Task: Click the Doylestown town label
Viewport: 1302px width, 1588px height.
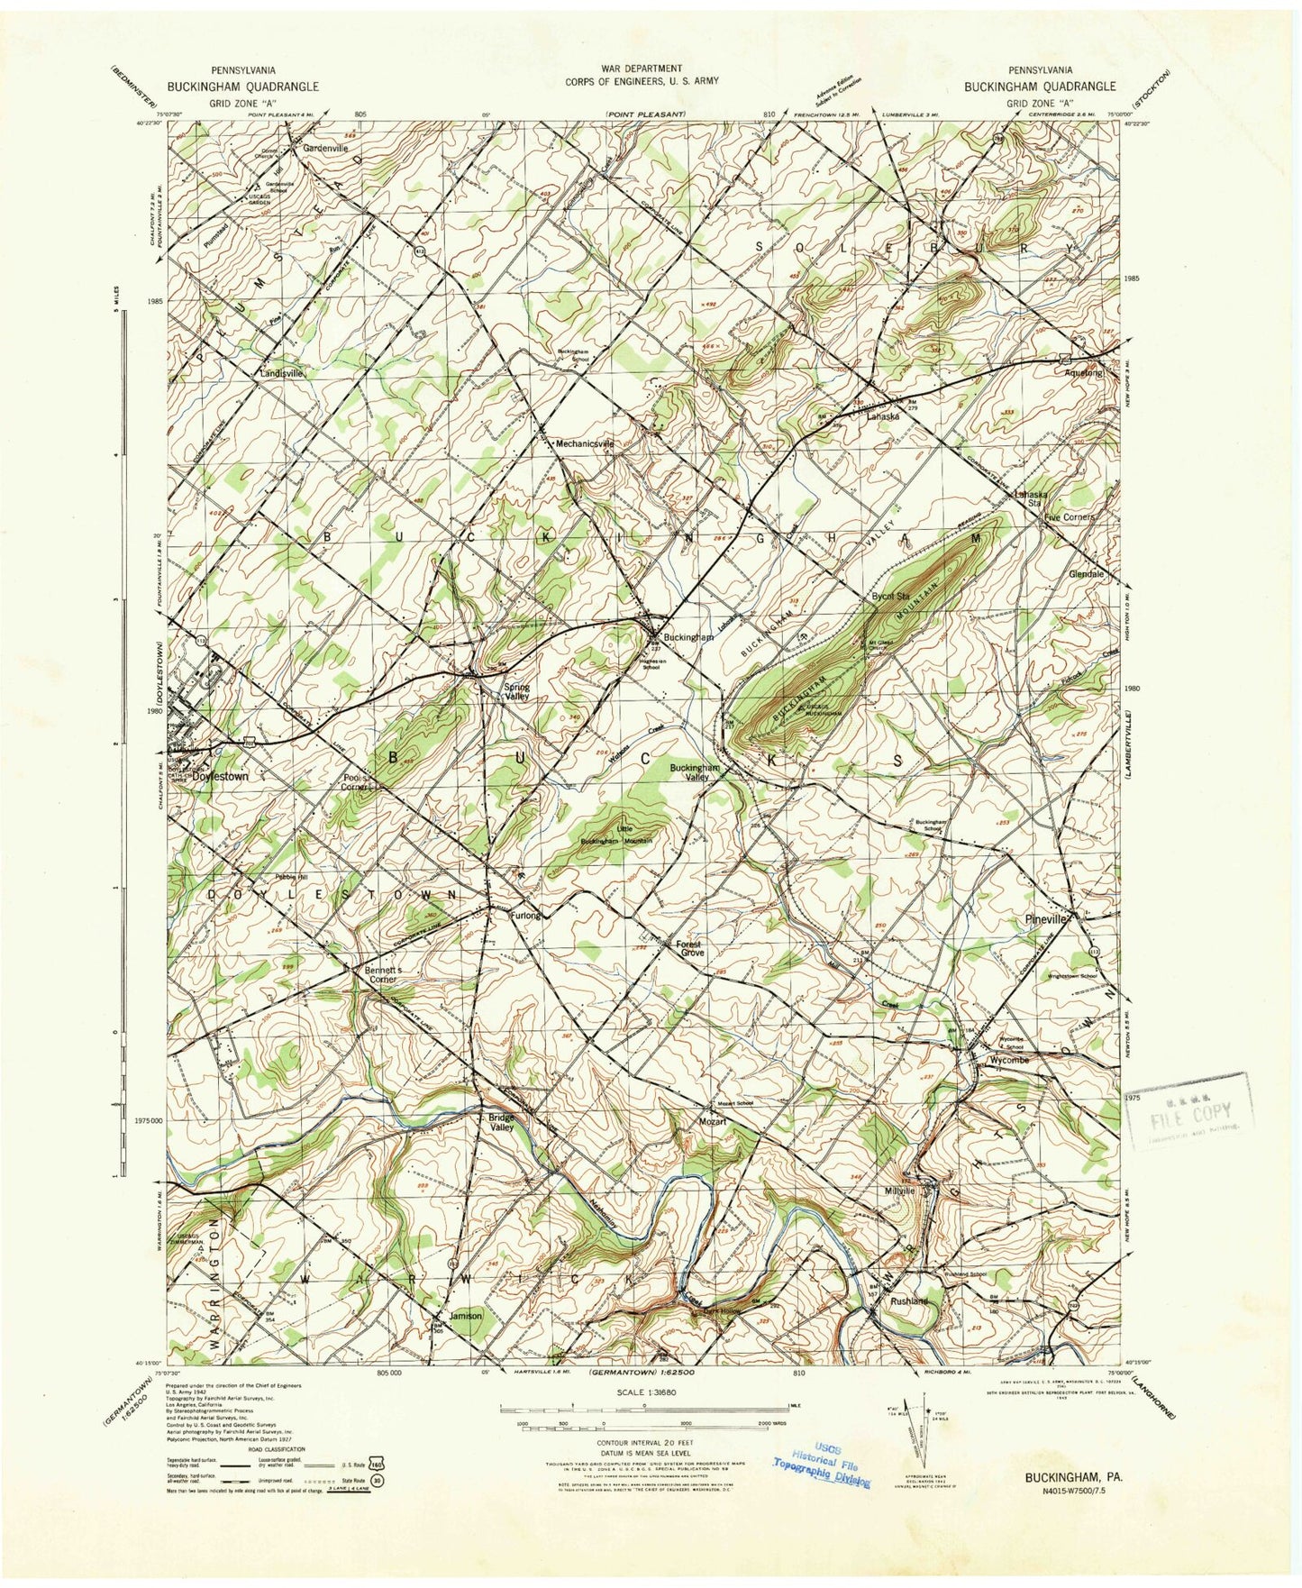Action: (x=220, y=775)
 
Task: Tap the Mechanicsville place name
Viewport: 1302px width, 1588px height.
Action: (x=585, y=444)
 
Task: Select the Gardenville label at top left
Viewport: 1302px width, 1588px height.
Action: (x=325, y=147)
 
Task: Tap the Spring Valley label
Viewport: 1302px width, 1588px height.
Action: (x=515, y=692)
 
